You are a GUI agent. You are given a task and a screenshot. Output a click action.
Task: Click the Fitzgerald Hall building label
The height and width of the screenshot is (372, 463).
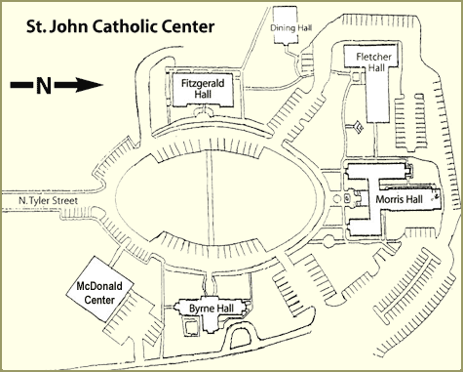203,89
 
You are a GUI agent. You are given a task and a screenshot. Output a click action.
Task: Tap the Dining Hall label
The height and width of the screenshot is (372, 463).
291,28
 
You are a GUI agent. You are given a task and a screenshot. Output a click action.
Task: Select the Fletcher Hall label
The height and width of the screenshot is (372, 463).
374,62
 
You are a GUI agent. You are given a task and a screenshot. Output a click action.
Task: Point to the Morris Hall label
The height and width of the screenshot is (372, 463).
399,199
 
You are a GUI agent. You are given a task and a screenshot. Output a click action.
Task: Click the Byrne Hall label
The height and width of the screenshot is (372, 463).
212,308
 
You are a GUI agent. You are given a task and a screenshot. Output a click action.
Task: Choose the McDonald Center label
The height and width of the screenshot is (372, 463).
99,293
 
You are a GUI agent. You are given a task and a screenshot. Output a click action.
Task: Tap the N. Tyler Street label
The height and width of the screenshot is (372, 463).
48,200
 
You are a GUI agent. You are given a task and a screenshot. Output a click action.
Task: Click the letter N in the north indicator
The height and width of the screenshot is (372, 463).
44,85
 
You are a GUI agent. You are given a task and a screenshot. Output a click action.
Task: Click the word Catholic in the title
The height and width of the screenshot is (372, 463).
125,26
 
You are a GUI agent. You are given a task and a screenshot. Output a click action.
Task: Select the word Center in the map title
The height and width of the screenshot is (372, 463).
188,26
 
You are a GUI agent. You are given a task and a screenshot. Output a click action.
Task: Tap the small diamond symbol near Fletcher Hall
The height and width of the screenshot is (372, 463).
358,127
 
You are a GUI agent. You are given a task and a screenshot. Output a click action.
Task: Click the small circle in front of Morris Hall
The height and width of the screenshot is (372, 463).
337,198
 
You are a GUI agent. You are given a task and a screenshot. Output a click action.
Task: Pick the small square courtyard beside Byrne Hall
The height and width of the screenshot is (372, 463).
190,327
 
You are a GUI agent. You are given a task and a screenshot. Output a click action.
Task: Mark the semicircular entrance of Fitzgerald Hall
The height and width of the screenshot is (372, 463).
204,111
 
